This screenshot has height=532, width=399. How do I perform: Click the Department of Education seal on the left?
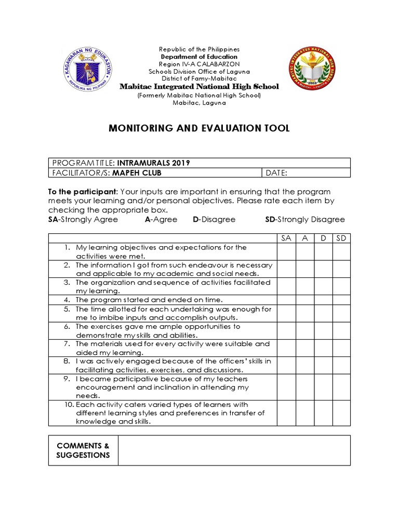(88, 69)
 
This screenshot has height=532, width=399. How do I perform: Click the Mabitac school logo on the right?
(312, 69)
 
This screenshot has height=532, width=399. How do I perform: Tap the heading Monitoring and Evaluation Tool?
(199, 128)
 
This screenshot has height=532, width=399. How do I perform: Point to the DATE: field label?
(276, 173)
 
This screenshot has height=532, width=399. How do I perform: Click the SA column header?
(286, 238)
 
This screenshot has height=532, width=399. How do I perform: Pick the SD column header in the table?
(341, 238)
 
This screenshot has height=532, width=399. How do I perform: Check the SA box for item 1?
(286, 251)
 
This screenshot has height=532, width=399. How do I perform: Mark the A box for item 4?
(305, 300)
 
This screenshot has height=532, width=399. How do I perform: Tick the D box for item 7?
(323, 348)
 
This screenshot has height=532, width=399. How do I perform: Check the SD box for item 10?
(341, 413)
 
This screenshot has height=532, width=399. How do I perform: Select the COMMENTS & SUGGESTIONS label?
(83, 450)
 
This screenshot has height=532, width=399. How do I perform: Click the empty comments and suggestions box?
(234, 450)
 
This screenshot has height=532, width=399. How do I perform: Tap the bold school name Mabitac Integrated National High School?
(199, 87)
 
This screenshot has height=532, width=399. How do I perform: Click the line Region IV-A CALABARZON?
(199, 64)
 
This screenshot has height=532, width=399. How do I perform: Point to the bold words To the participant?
(83, 192)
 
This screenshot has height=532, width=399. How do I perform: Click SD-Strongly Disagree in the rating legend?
(304, 219)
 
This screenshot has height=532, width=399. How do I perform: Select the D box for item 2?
(323, 269)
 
